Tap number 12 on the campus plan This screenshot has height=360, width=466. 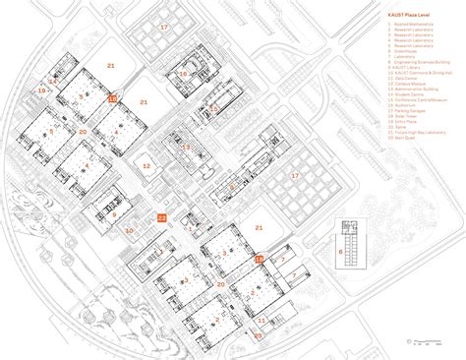pos(146,166)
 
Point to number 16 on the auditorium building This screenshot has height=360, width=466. pos(183,74)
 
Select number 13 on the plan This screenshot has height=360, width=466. pos(186,147)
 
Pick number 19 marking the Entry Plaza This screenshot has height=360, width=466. pos(41,90)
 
